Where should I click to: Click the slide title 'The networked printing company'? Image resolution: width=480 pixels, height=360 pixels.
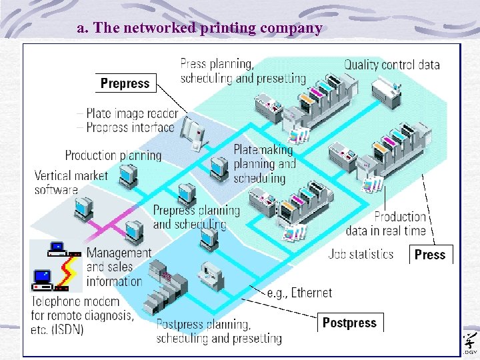(199, 28)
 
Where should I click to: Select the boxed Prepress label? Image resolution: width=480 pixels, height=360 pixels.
(125, 83)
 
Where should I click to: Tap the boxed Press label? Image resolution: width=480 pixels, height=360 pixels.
(429, 254)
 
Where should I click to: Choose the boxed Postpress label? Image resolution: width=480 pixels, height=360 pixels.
(349, 323)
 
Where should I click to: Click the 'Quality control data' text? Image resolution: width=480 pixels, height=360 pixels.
(391, 65)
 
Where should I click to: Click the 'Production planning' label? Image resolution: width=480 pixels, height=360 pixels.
(113, 155)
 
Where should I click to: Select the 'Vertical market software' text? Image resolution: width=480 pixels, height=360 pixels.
(65, 183)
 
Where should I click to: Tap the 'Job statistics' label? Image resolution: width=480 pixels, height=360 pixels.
(361, 254)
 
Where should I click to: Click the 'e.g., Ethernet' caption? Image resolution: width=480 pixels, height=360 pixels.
(299, 293)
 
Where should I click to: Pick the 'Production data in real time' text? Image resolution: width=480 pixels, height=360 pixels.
(385, 223)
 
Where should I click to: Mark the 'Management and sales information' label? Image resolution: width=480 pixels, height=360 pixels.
(119, 267)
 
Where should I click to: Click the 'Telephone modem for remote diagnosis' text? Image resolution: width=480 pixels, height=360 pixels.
(82, 315)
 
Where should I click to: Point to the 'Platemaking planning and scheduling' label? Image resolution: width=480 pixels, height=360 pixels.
(263, 164)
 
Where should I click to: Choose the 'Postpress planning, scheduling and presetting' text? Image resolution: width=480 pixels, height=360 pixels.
(219, 331)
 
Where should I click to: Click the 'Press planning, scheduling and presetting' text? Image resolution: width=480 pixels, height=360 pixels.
(243, 71)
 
